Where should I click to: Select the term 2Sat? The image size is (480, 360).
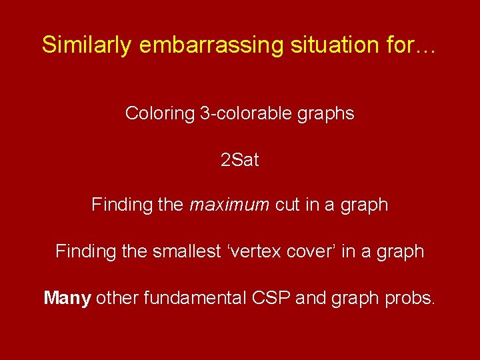click(x=239, y=160)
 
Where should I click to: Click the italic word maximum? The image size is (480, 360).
click(x=229, y=205)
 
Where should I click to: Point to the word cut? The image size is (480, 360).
click(x=287, y=205)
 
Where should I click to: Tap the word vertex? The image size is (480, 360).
click(x=251, y=251)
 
